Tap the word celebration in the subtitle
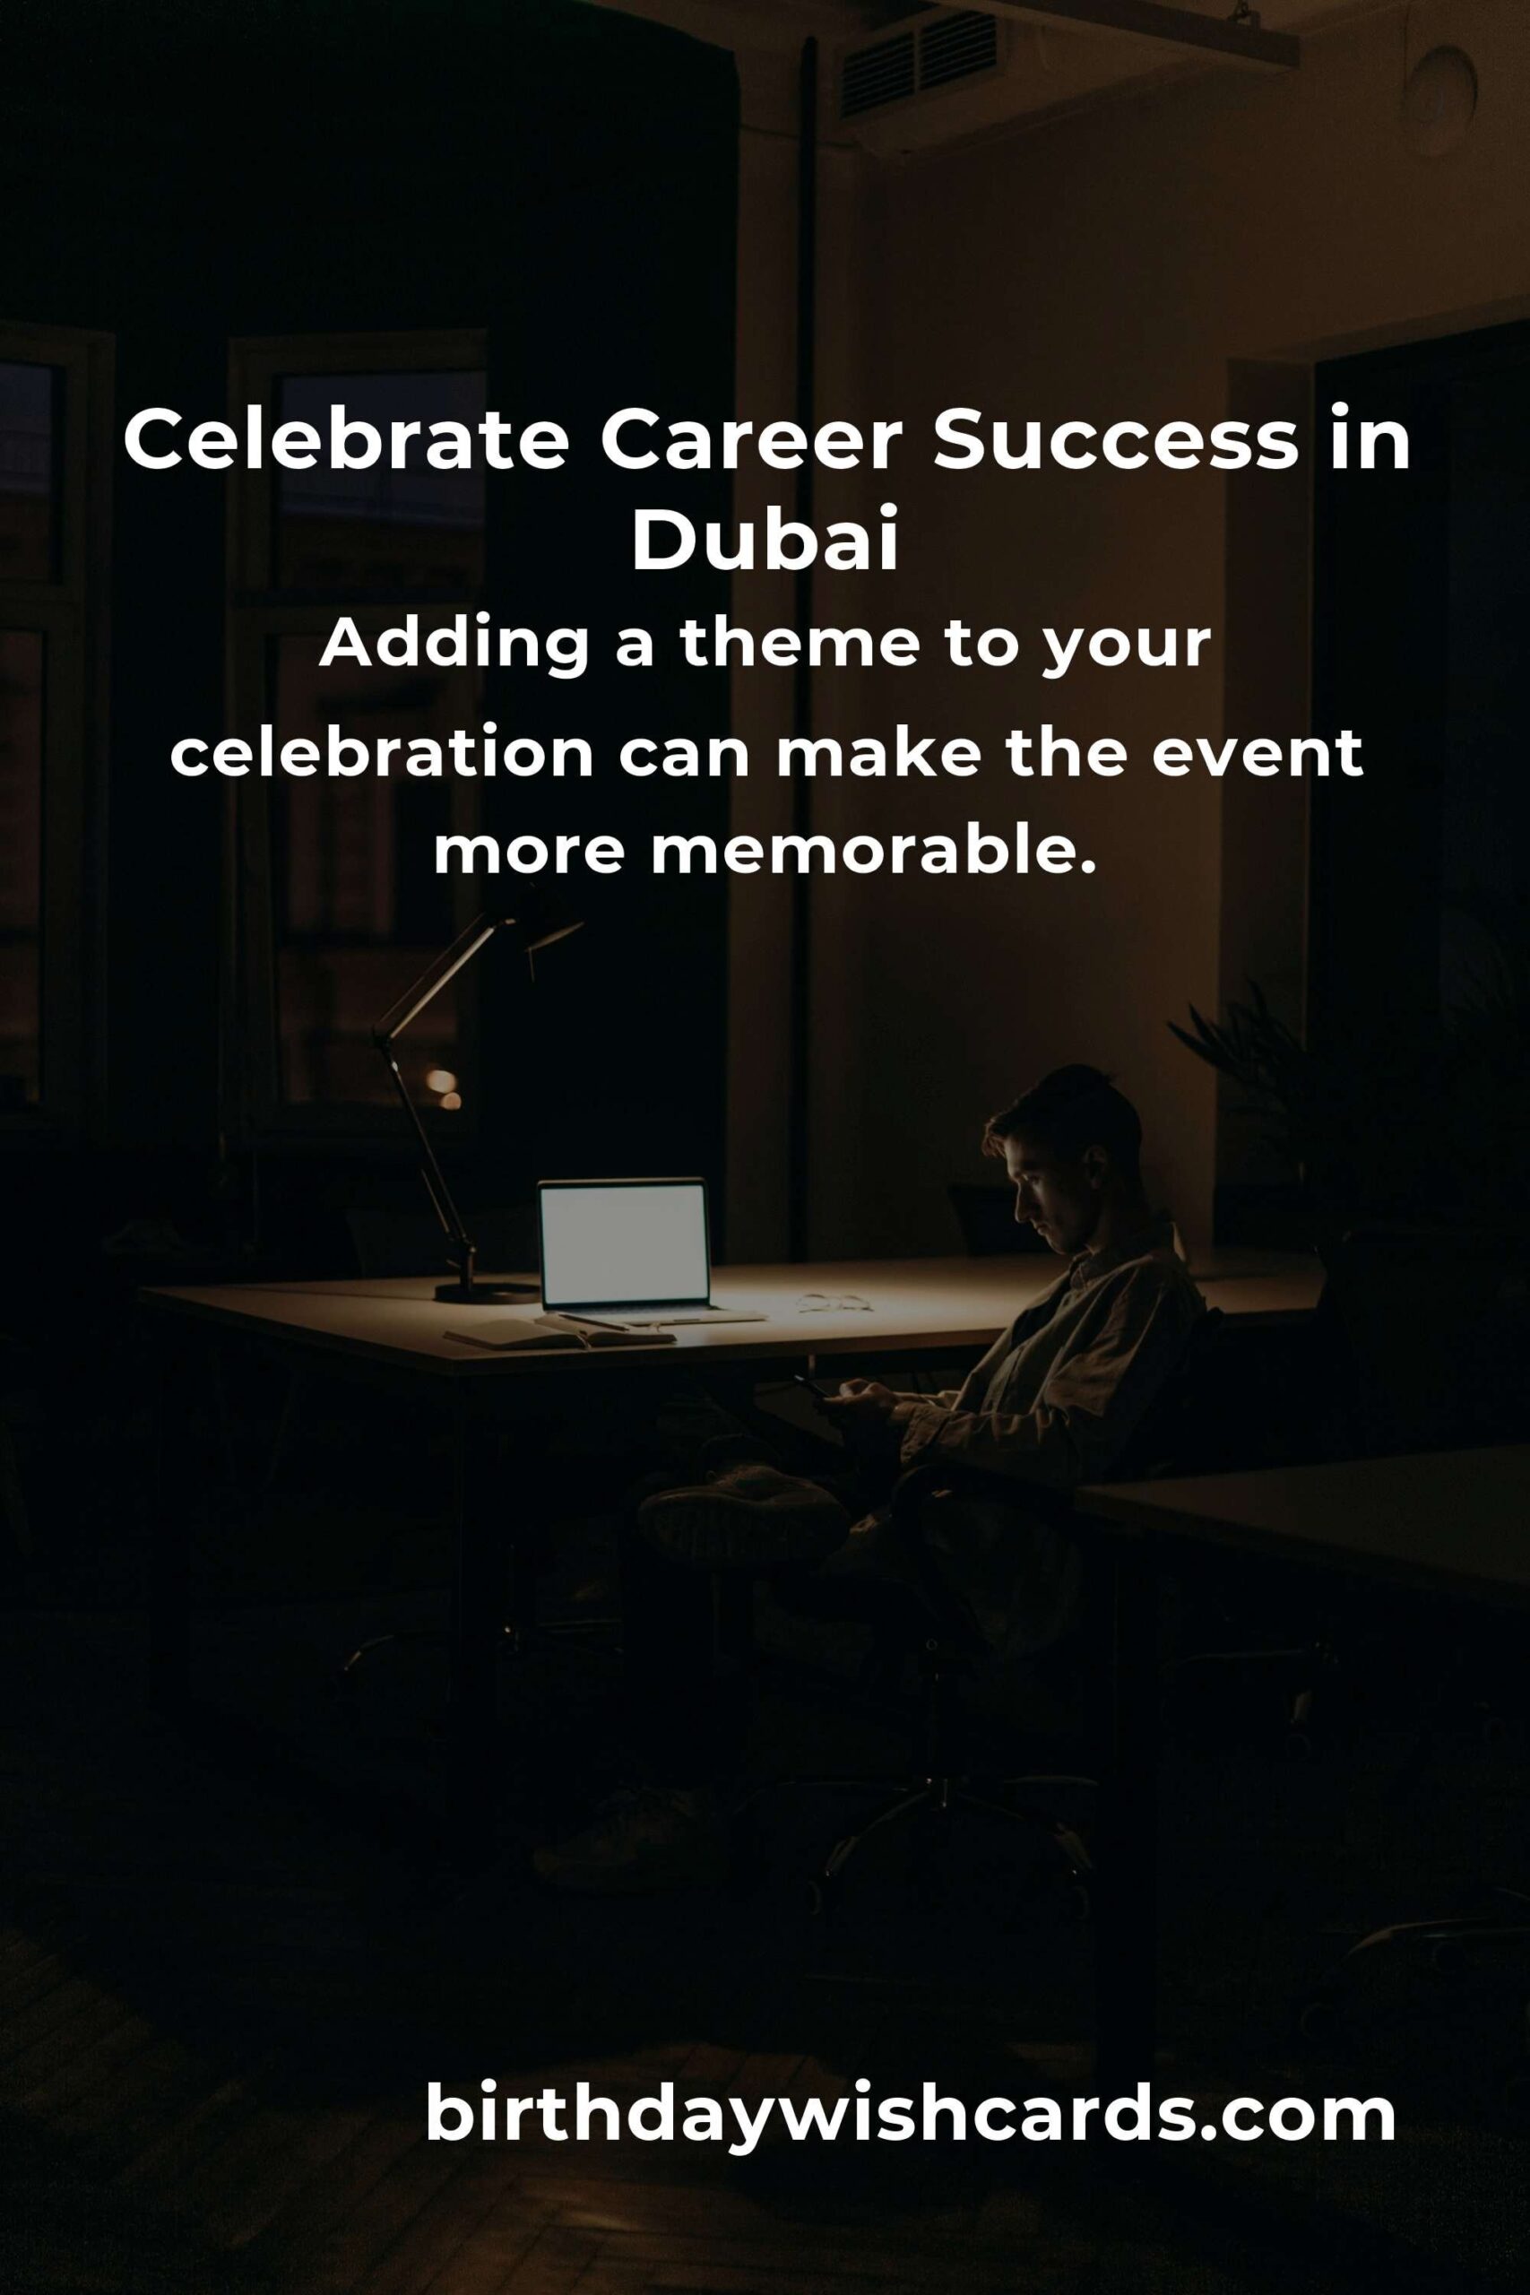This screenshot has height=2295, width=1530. pos(382,753)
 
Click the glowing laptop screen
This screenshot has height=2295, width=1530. pos(624,1243)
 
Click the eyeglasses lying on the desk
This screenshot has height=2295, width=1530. pos(834,1302)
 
